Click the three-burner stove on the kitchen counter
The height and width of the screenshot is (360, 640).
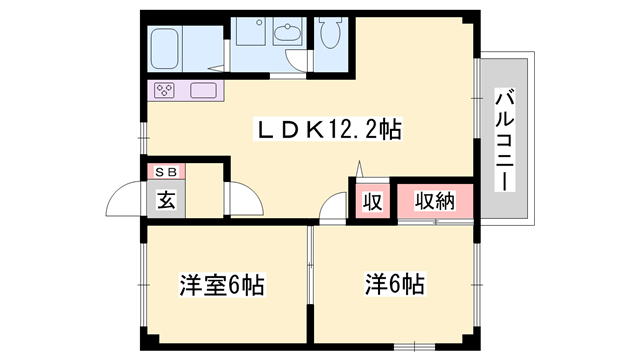[x=164, y=91]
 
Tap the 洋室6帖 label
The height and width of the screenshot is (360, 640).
[x=221, y=284]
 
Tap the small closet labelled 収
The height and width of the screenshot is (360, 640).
[x=371, y=201]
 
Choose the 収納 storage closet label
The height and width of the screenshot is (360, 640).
[x=431, y=200]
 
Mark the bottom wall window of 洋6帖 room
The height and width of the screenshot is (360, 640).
[x=410, y=346]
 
